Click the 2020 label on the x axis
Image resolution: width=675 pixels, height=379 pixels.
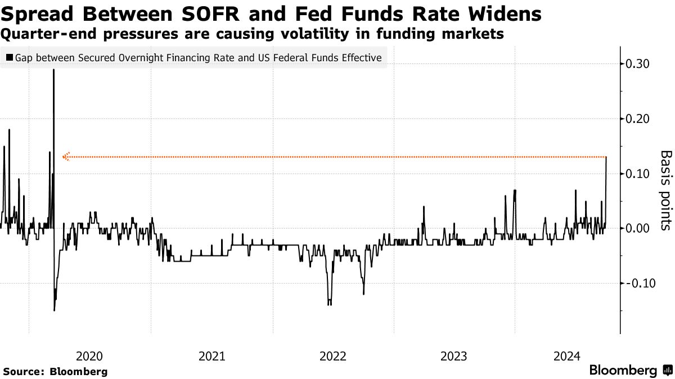click(89, 356)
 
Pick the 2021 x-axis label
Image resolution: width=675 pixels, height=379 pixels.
click(211, 356)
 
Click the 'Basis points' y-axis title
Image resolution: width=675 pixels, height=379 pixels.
click(665, 190)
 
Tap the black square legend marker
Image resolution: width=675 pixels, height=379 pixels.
click(10, 58)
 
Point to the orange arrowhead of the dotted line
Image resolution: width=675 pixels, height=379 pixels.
click(65, 157)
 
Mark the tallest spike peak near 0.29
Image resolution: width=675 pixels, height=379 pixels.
click(53, 70)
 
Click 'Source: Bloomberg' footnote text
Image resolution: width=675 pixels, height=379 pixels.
click(55, 372)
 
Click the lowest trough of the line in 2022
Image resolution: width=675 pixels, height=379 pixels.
click(329, 304)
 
